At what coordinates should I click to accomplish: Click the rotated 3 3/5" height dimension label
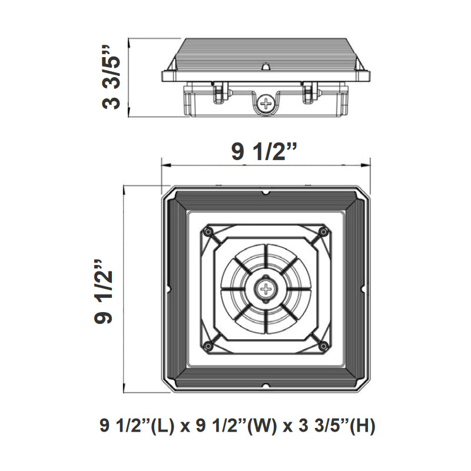[112, 75]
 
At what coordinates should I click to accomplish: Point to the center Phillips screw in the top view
[267, 289]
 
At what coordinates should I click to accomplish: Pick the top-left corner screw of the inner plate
[208, 232]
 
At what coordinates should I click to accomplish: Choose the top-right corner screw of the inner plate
[321, 232]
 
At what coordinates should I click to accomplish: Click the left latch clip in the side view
[219, 91]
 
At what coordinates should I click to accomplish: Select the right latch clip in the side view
[309, 91]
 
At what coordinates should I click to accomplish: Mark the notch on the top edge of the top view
[266, 192]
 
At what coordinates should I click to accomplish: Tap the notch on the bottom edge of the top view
[266, 386]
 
